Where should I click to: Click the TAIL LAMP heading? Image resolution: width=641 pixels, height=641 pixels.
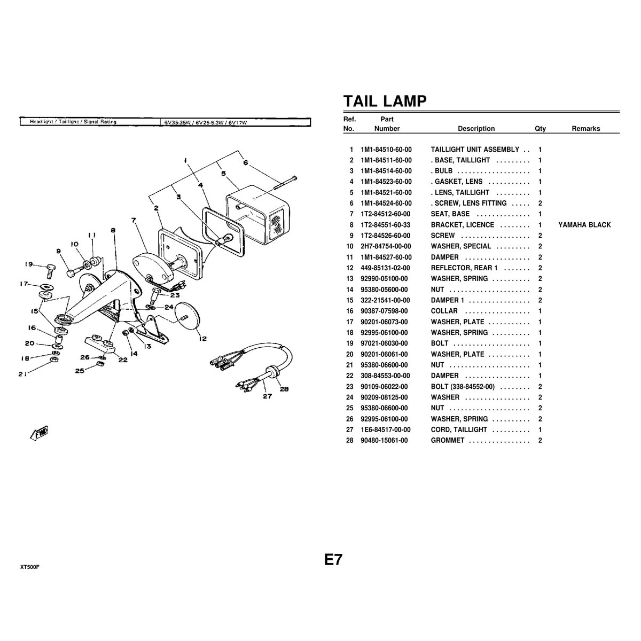[385, 101]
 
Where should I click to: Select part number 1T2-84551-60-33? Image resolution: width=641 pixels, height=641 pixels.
[385, 225]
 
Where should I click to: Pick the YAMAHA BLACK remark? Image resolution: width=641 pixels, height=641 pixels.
[584, 225]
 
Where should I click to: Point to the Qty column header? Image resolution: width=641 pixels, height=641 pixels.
[540, 129]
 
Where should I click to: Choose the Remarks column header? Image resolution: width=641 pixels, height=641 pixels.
[585, 129]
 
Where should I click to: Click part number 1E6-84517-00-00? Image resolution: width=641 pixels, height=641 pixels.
[386, 429]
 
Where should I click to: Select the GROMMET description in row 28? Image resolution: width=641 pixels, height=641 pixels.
[448, 441]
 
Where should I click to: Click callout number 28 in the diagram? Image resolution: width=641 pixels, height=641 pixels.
[284, 389]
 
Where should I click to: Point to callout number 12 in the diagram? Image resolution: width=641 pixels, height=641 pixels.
[203, 339]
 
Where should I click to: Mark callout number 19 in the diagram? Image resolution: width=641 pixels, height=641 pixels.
[29, 264]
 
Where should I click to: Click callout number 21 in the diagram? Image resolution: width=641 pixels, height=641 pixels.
[22, 374]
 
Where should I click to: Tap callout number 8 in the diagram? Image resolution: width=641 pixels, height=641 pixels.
[113, 230]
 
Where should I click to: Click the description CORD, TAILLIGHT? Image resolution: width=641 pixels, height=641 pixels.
[459, 429]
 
